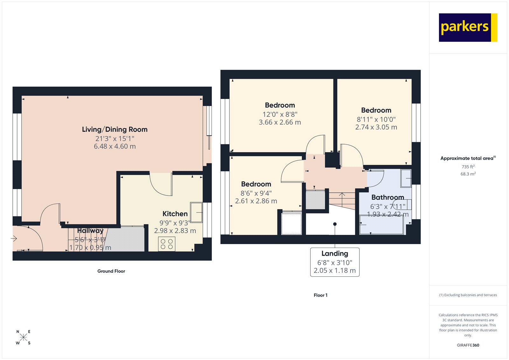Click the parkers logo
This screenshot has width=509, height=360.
point(468,27)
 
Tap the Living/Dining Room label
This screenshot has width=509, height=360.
point(115,130)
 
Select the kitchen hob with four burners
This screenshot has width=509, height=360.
point(167,244)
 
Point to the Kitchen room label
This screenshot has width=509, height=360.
point(175,214)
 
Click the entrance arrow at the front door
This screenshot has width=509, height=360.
point(14,238)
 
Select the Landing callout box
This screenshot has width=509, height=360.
point(335,262)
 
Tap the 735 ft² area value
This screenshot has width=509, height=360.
point(468,167)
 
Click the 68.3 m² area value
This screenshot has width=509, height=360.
point(468,174)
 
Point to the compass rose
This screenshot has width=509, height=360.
point(23,337)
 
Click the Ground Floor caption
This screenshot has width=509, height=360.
point(111,271)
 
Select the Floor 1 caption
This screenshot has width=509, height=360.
point(320,295)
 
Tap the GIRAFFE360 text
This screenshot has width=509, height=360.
point(468,345)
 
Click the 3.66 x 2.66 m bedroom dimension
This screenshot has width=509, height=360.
point(280,122)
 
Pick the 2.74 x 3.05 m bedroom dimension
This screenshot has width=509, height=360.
point(376,127)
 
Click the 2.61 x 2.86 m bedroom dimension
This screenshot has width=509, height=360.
point(256,201)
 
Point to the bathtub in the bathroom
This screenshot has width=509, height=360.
point(382,225)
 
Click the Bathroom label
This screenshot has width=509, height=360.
point(387,197)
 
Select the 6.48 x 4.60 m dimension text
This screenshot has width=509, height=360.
point(115,146)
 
